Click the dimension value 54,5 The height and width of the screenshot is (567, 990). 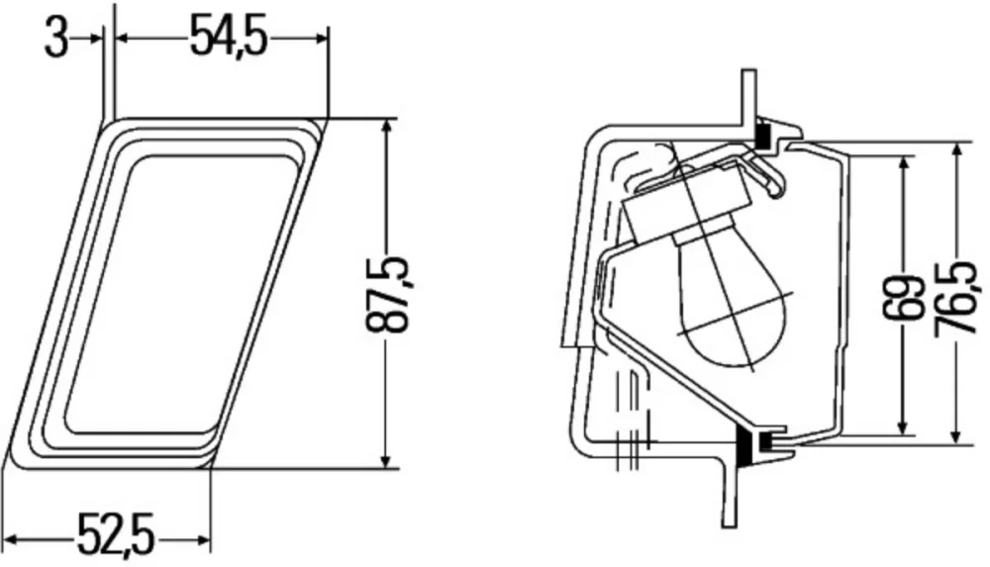point(229,38)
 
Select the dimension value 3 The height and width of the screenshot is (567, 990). point(55,38)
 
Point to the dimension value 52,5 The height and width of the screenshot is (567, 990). point(116,535)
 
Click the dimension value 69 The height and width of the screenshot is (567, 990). point(903,297)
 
